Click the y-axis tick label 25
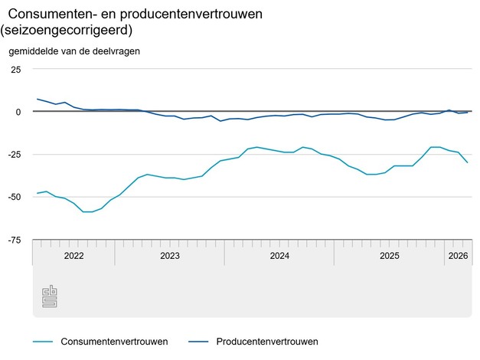(x=15, y=69)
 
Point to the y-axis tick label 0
(x=18, y=112)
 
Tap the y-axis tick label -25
(x=14, y=155)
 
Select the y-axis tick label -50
(x=14, y=197)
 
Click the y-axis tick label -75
(x=14, y=240)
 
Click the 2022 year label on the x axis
(x=73, y=256)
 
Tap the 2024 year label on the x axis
(x=279, y=256)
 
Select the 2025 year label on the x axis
(x=389, y=256)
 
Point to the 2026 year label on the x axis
(x=458, y=256)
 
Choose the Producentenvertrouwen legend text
(x=267, y=341)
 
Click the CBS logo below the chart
(x=50, y=298)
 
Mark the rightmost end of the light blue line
(x=468, y=162)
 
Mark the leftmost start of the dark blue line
(x=38, y=99)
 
